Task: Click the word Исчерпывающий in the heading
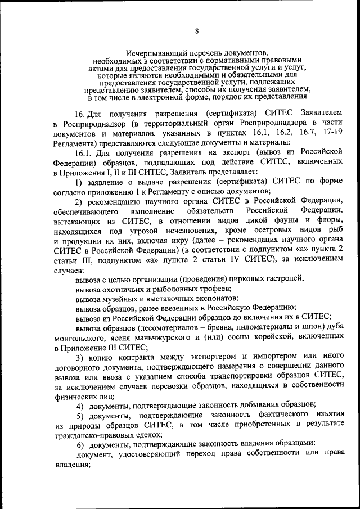153,52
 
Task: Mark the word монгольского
79,338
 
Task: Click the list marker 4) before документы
80,406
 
